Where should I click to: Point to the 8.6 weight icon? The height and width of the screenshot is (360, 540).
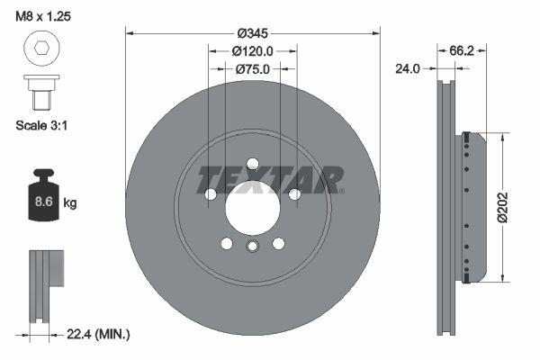[40, 200]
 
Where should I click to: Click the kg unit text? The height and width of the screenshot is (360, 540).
[70, 203]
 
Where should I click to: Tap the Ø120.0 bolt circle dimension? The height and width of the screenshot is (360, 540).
[253, 51]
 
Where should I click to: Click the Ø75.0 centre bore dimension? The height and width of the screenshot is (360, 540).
[253, 68]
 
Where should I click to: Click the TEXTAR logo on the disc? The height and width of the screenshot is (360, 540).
[268, 179]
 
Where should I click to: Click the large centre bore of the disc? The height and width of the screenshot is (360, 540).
[253, 208]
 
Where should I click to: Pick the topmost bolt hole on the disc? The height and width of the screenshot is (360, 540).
[253, 163]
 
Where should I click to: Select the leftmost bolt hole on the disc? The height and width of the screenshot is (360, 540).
[211, 194]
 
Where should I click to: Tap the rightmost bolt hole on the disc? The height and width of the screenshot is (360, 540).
[294, 194]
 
